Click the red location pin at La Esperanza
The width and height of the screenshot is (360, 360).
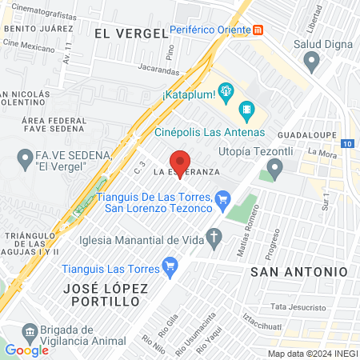181,158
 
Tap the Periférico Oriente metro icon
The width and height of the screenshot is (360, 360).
258,30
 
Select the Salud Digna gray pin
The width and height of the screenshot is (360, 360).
312,61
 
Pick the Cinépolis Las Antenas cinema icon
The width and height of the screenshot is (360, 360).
248,107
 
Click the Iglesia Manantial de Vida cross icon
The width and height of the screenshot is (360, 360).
214,237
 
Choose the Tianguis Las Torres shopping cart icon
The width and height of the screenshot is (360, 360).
169,265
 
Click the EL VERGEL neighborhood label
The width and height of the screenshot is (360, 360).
130,33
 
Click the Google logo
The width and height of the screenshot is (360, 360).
26,350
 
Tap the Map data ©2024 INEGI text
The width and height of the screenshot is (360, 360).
312,354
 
